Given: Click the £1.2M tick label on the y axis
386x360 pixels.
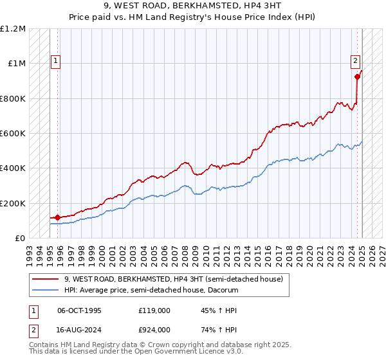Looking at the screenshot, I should coord(13,29).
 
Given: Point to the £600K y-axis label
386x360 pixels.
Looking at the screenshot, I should coord(13,134).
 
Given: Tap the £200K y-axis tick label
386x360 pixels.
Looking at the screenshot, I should coord(13,203).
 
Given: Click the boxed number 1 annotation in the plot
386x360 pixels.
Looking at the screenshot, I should coord(56,62).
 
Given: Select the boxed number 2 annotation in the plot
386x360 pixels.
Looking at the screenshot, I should coord(354,62).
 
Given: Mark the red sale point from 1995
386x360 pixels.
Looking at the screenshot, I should coord(58,217).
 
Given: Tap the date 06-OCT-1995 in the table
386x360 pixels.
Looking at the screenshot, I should coord(79,310).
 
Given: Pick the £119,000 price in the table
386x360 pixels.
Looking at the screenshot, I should coord(154,310).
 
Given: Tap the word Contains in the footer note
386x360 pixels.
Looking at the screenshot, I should coord(46,346).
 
